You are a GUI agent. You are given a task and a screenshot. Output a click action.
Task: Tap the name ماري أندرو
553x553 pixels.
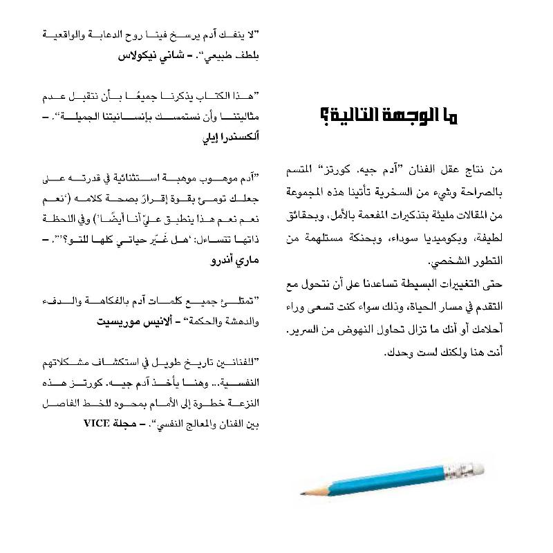pyautogui.click(x=235, y=263)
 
